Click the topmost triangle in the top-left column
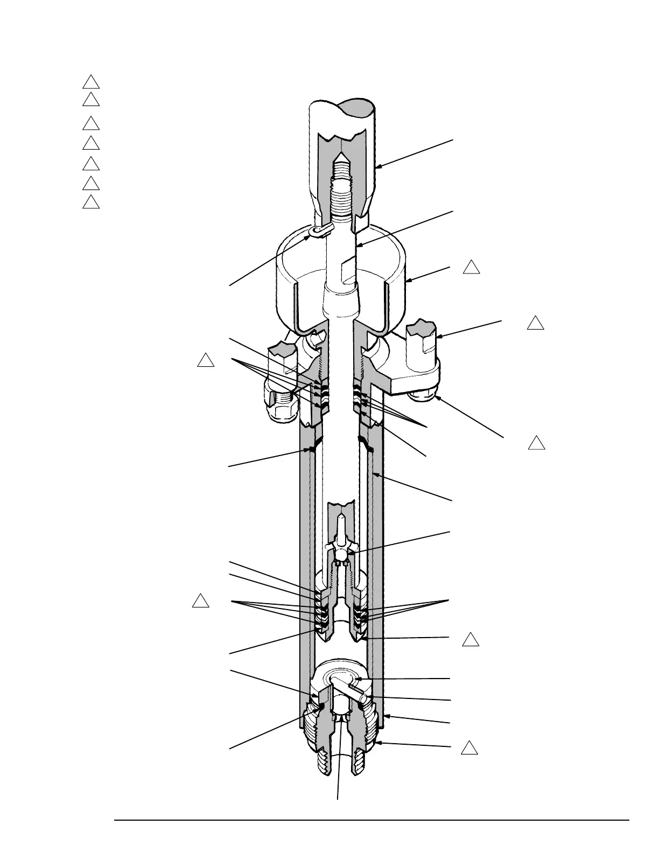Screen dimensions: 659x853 tap(91, 82)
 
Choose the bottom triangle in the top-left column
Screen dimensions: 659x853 tap(91, 202)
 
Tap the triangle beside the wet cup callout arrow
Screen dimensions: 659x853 tap(472, 268)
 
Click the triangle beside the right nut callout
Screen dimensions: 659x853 tap(536, 444)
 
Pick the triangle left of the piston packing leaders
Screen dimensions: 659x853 tap(200, 602)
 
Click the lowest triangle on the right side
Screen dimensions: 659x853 tap(469, 748)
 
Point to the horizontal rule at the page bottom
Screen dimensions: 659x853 tap(371, 821)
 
